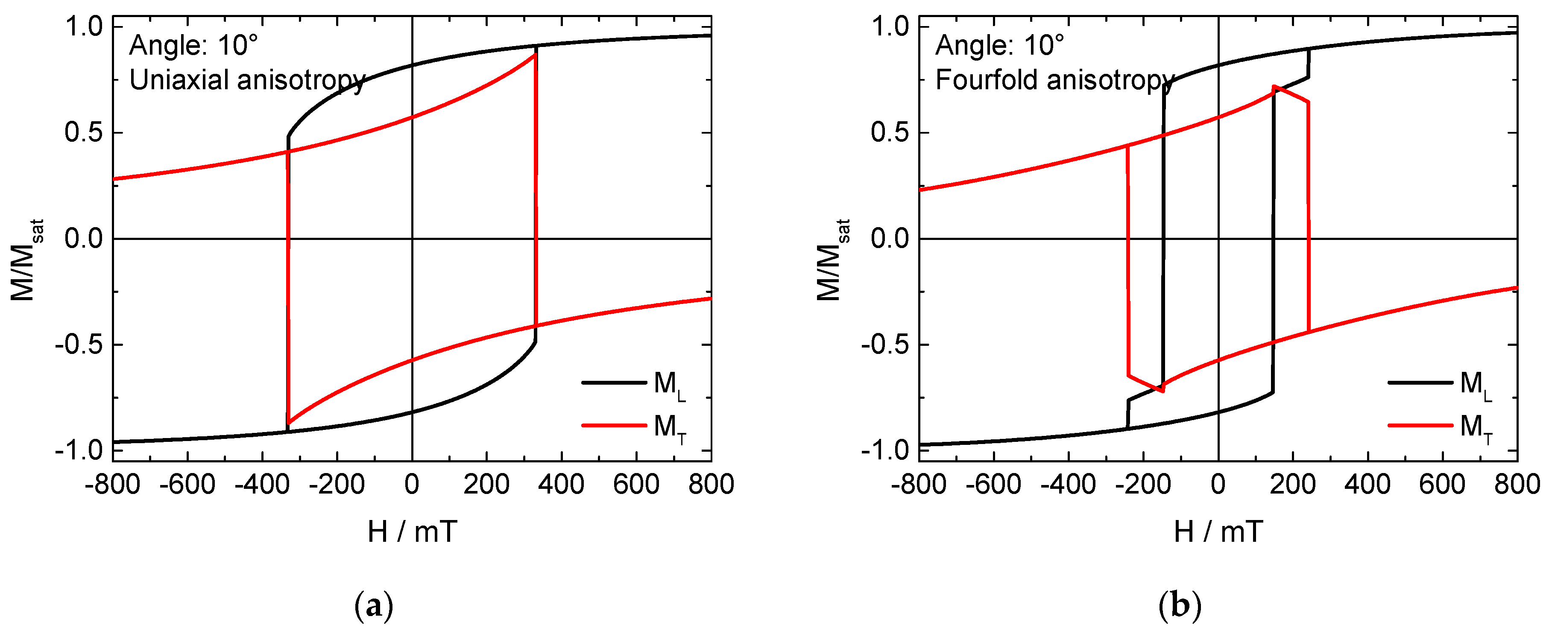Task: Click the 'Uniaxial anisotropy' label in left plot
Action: [247, 80]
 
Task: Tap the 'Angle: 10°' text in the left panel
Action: [193, 46]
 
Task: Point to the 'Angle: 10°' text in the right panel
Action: [1000, 46]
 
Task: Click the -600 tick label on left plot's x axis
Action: [187, 485]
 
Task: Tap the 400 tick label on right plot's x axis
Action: [1367, 485]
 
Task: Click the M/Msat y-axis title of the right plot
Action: [833, 260]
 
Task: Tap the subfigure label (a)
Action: [374, 607]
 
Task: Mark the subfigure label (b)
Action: [1179, 607]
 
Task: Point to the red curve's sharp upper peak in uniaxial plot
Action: [535, 55]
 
